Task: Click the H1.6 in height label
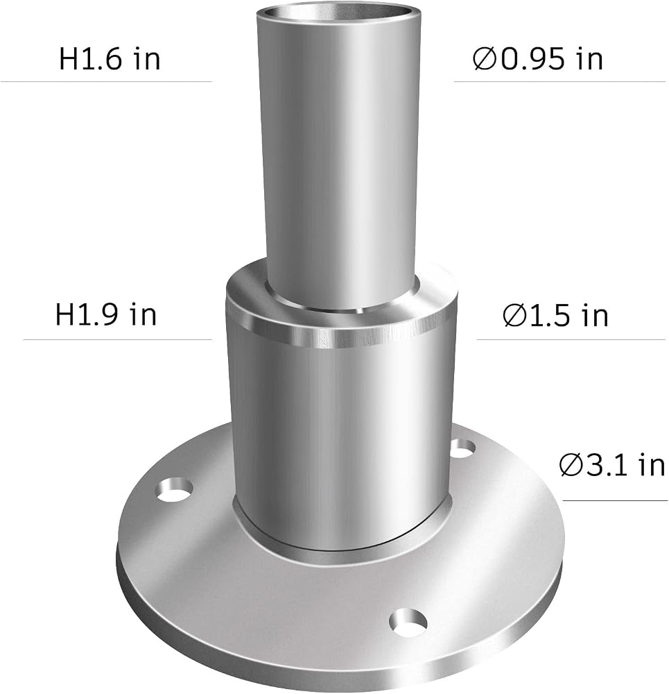click(110, 58)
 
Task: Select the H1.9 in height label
click(105, 314)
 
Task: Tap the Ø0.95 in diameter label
click(538, 58)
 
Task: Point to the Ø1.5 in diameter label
click(555, 315)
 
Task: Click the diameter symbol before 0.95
click(485, 59)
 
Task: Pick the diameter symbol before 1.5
click(515, 316)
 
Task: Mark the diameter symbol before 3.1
click(571, 466)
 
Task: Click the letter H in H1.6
click(69, 59)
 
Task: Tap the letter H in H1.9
click(64, 315)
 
